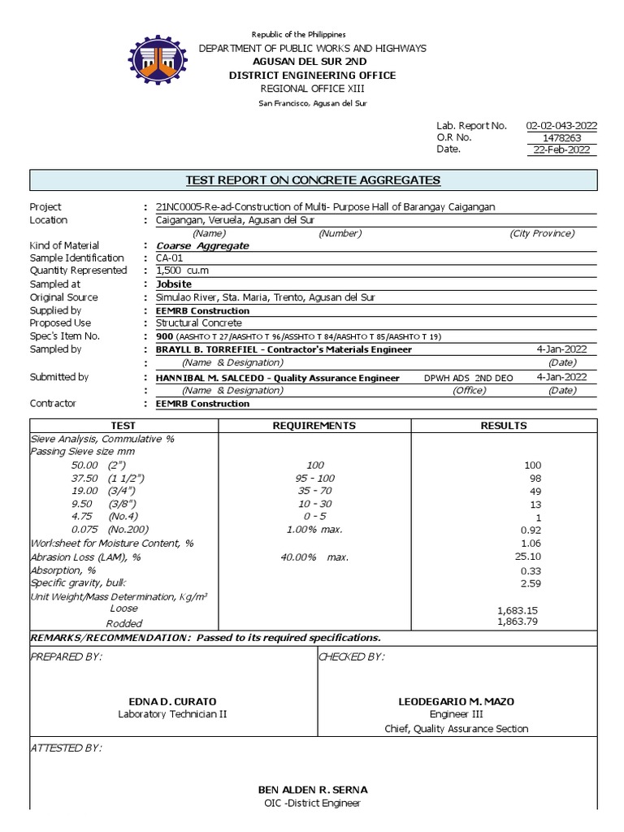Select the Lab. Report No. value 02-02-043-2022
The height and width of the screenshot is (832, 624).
click(x=561, y=125)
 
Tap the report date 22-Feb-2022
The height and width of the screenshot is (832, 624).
click(x=561, y=149)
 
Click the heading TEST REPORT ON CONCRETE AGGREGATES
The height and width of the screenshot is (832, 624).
click(x=313, y=180)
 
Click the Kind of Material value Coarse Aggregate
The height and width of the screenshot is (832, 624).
click(x=196, y=245)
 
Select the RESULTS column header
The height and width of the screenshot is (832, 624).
click(x=504, y=425)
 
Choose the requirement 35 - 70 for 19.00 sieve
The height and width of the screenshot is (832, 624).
click(x=314, y=491)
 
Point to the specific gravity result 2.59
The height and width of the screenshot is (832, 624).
click(x=530, y=583)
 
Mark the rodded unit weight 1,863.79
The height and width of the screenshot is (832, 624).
click(x=518, y=622)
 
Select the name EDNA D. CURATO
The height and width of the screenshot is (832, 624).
click(x=172, y=701)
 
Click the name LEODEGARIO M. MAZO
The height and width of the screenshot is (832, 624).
click(x=456, y=701)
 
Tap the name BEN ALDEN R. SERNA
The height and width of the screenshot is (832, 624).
click(x=313, y=790)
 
